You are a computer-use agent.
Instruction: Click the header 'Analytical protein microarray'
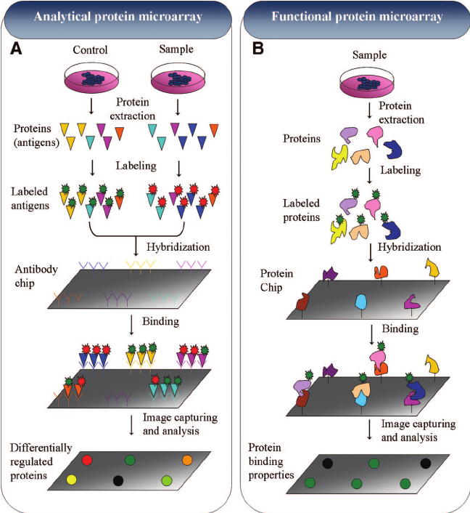(117, 17)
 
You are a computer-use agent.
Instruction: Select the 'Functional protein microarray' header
(352, 17)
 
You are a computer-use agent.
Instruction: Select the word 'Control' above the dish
(91, 50)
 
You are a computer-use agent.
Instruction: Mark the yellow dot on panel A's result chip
(71, 480)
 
